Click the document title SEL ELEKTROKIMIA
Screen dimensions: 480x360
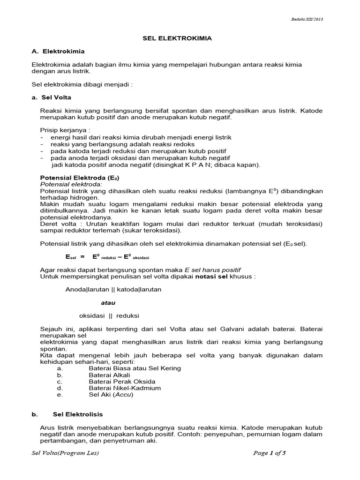coord(177,38)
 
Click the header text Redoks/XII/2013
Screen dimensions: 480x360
coord(307,19)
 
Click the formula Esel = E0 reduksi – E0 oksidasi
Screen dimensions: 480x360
coord(107,257)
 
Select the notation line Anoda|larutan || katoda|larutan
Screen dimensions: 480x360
coord(113,289)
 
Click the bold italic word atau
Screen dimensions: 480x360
coord(108,302)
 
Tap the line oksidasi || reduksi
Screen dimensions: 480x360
coord(109,315)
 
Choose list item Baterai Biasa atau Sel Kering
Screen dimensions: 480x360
coord(135,368)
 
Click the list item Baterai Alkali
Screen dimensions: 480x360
coord(109,375)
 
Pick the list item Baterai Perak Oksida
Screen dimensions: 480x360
coord(122,382)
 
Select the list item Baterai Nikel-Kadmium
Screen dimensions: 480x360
coord(125,388)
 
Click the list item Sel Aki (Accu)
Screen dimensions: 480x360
coord(111,395)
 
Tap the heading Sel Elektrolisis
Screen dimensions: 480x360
coord(78,415)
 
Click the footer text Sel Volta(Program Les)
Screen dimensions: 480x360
coord(65,453)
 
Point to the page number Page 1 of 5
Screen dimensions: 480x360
coord(269,453)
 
